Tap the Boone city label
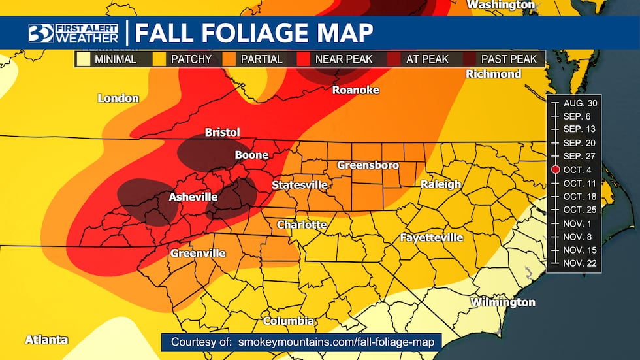[x=251, y=155]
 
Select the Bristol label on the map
[x=223, y=132]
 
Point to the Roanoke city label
[x=355, y=90]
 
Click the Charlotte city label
[x=302, y=225]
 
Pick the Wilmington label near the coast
[x=502, y=303]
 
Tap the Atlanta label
[x=46, y=340]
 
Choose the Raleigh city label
[x=441, y=184]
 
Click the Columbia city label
[x=289, y=321]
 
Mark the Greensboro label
[x=368, y=165]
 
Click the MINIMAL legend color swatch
[x=84, y=59]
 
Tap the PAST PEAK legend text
[x=509, y=59]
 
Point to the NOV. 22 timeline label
[x=578, y=263]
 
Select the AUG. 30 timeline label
[x=578, y=103]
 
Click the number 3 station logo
[x=40, y=33]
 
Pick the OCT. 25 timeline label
[x=578, y=209]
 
